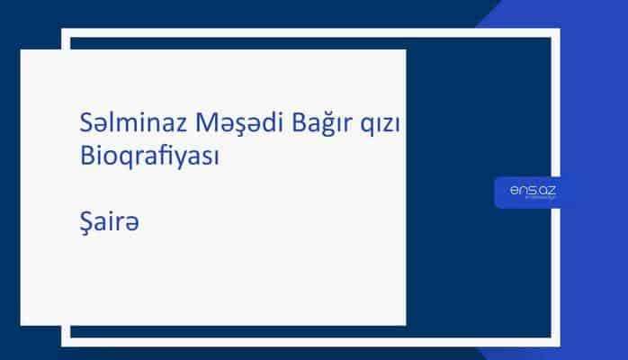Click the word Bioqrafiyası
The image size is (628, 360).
click(x=149, y=155)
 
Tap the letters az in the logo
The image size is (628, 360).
click(x=547, y=188)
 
